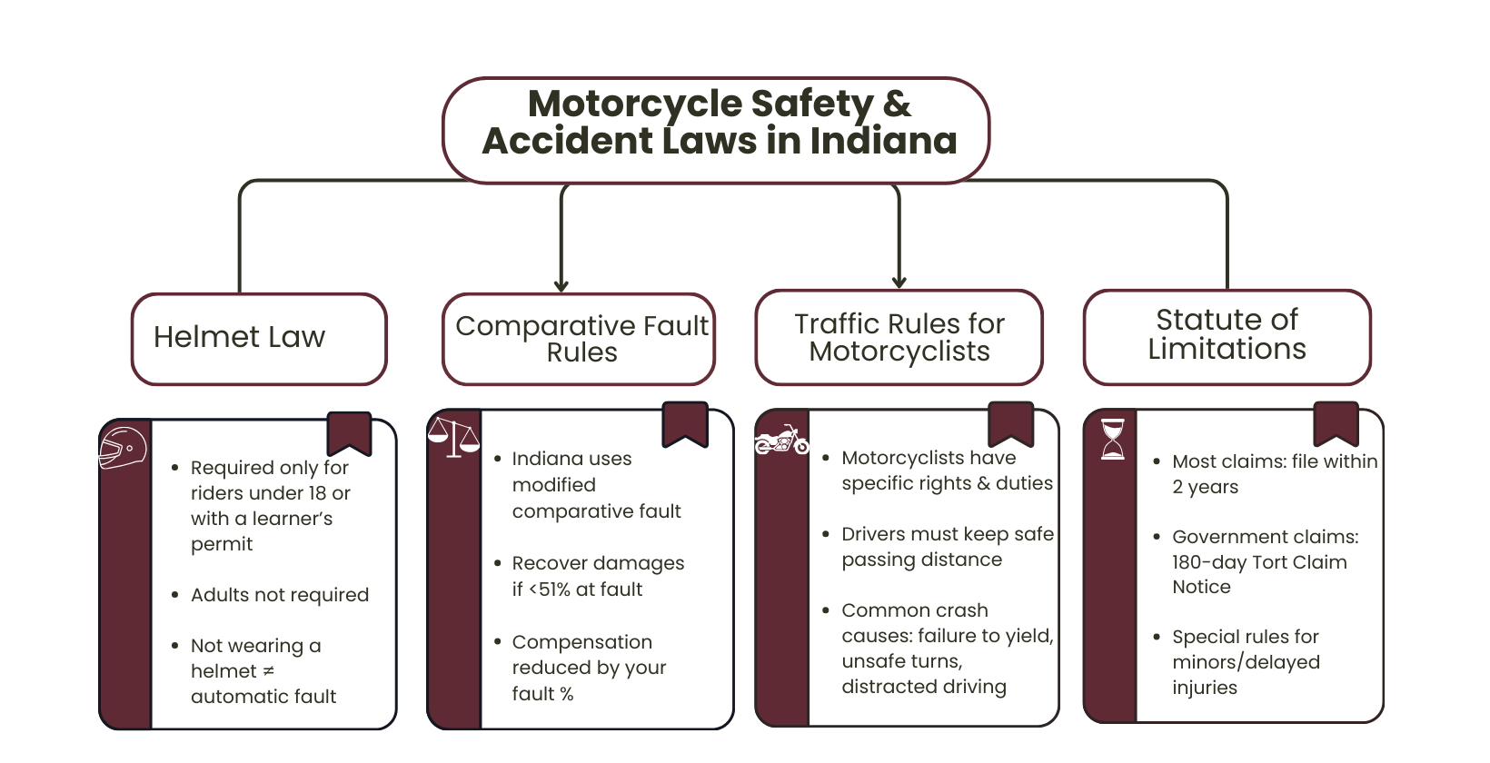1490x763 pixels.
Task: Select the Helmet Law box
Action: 259,338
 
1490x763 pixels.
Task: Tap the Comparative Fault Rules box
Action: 580,338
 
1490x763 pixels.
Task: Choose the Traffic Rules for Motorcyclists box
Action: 899,337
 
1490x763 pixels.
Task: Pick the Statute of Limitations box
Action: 1227,335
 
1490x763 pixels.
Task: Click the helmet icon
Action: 123,448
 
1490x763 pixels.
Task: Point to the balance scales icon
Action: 453,436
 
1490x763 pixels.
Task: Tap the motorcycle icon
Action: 781,441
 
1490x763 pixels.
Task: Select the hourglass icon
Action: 1112,439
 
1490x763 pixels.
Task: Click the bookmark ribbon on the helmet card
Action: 349,432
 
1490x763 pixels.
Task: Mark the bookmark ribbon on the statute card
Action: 1336,422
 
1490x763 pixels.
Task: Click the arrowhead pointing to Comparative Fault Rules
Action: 561,285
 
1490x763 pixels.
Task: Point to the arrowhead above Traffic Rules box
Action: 899,282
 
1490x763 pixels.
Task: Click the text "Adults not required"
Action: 280,595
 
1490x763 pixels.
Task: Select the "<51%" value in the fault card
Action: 551,590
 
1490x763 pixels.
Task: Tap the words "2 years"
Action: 1205,487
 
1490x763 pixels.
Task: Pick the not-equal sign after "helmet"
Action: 268,671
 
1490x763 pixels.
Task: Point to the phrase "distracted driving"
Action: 924,687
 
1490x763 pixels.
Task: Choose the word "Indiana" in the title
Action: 883,142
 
